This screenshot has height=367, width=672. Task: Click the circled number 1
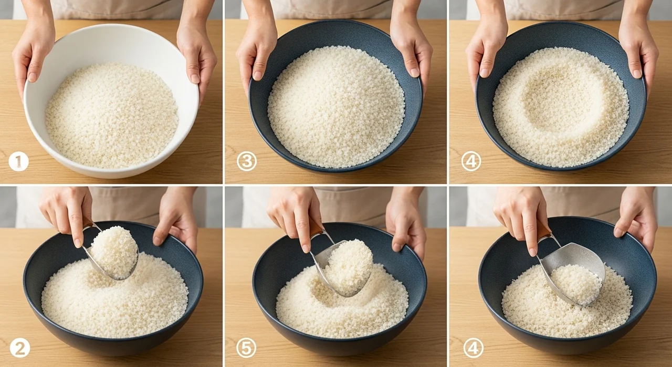point(18,161)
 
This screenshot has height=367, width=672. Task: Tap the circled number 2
point(20,349)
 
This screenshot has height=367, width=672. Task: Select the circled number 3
point(247,161)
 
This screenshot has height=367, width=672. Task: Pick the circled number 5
point(246,349)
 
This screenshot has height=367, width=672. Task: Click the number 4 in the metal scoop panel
point(474,349)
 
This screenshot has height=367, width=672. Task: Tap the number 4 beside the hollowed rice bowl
point(471,161)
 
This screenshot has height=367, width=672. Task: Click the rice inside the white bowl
point(112,115)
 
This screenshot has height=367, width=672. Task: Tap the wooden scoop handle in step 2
point(88,223)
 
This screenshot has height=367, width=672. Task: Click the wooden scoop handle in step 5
point(316,228)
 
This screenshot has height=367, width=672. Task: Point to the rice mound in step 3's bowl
point(336,107)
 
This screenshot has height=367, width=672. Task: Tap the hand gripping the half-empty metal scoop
point(522,216)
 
